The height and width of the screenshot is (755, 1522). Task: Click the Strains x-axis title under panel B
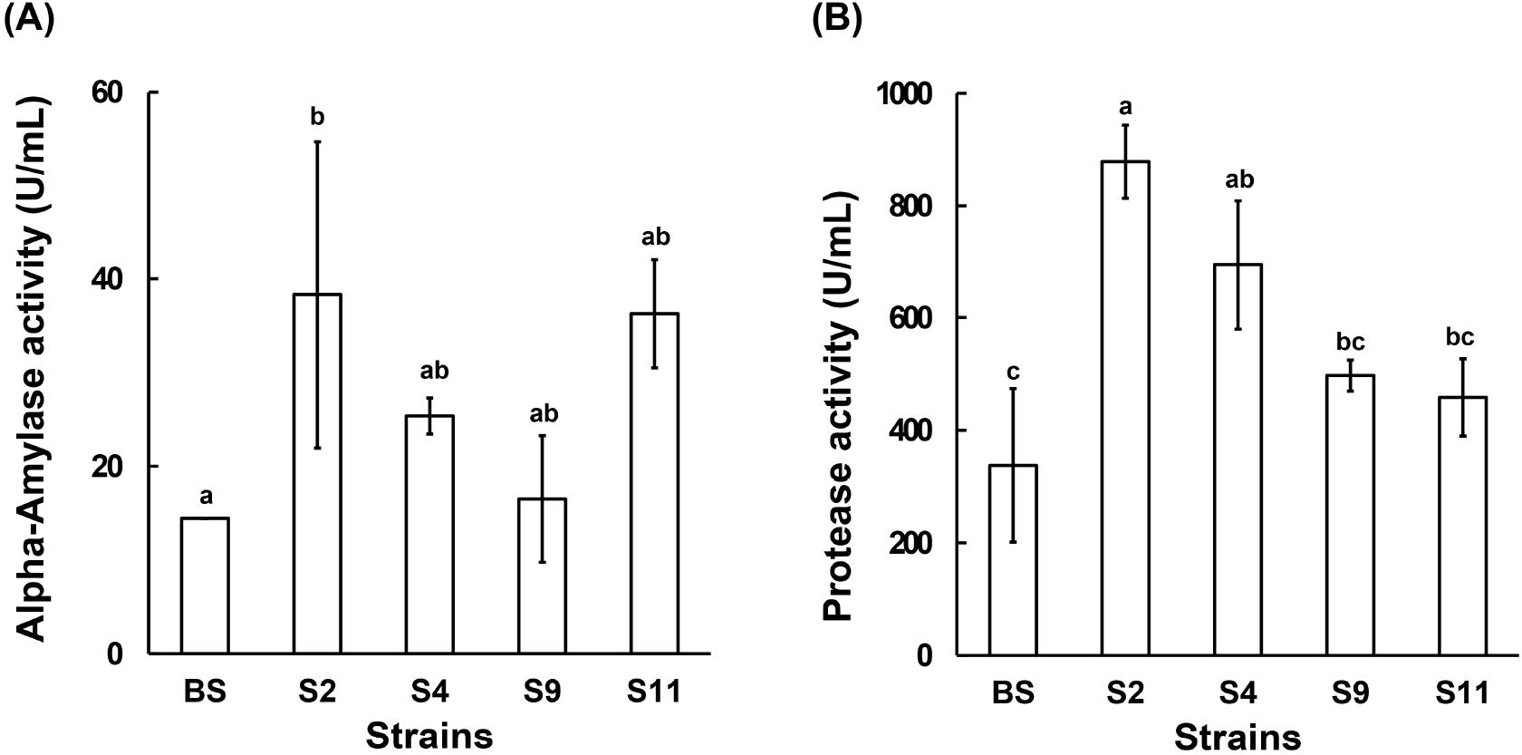1238,735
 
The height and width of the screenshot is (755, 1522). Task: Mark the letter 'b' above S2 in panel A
317,117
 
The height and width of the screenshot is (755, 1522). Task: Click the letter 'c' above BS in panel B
1014,373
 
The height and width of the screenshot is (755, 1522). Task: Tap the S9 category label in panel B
1351,694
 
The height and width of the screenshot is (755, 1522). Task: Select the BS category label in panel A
205,693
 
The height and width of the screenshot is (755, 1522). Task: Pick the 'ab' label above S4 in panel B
1238,180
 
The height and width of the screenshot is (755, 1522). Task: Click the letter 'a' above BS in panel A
206,497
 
